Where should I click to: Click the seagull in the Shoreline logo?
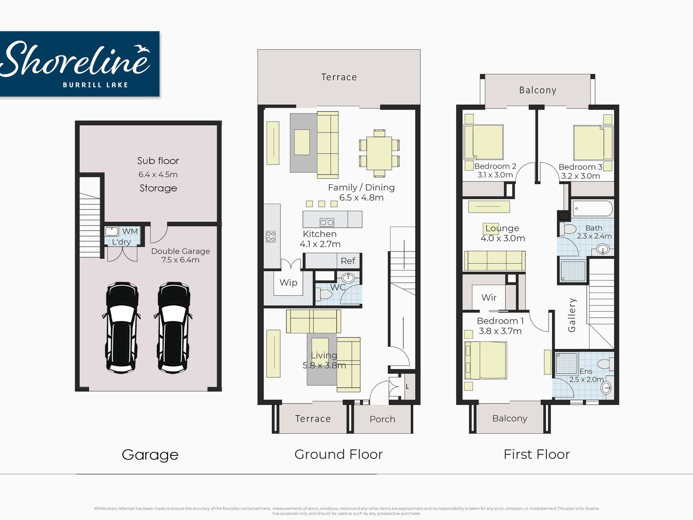pyautogui.click(x=142, y=49)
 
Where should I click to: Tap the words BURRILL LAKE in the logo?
pyautogui.click(x=96, y=85)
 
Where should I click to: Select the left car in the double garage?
pyautogui.click(x=122, y=327)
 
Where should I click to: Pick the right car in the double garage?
pyautogui.click(x=174, y=327)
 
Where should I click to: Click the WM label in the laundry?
pyautogui.click(x=130, y=231)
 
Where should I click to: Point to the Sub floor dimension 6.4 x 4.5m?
pyautogui.click(x=158, y=174)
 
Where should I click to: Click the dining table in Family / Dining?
pyautogui.click(x=379, y=153)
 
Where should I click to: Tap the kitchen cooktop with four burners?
pyautogui.click(x=271, y=236)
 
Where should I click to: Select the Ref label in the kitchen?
pyautogui.click(x=348, y=261)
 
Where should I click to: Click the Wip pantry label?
pyautogui.click(x=289, y=282)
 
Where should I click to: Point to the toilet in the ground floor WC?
pyautogui.click(x=324, y=294)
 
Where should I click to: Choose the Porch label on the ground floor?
pyautogui.click(x=382, y=419)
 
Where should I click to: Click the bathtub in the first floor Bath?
pyautogui.click(x=593, y=209)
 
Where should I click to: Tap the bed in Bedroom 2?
pyautogui.click(x=484, y=142)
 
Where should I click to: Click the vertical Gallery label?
pyautogui.click(x=572, y=315)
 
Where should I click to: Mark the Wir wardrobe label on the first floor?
pyautogui.click(x=489, y=297)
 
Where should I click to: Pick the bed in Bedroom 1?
pyautogui.click(x=486, y=361)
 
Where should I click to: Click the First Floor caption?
pyautogui.click(x=537, y=454)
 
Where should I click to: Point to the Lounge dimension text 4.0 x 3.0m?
pyautogui.click(x=503, y=238)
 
